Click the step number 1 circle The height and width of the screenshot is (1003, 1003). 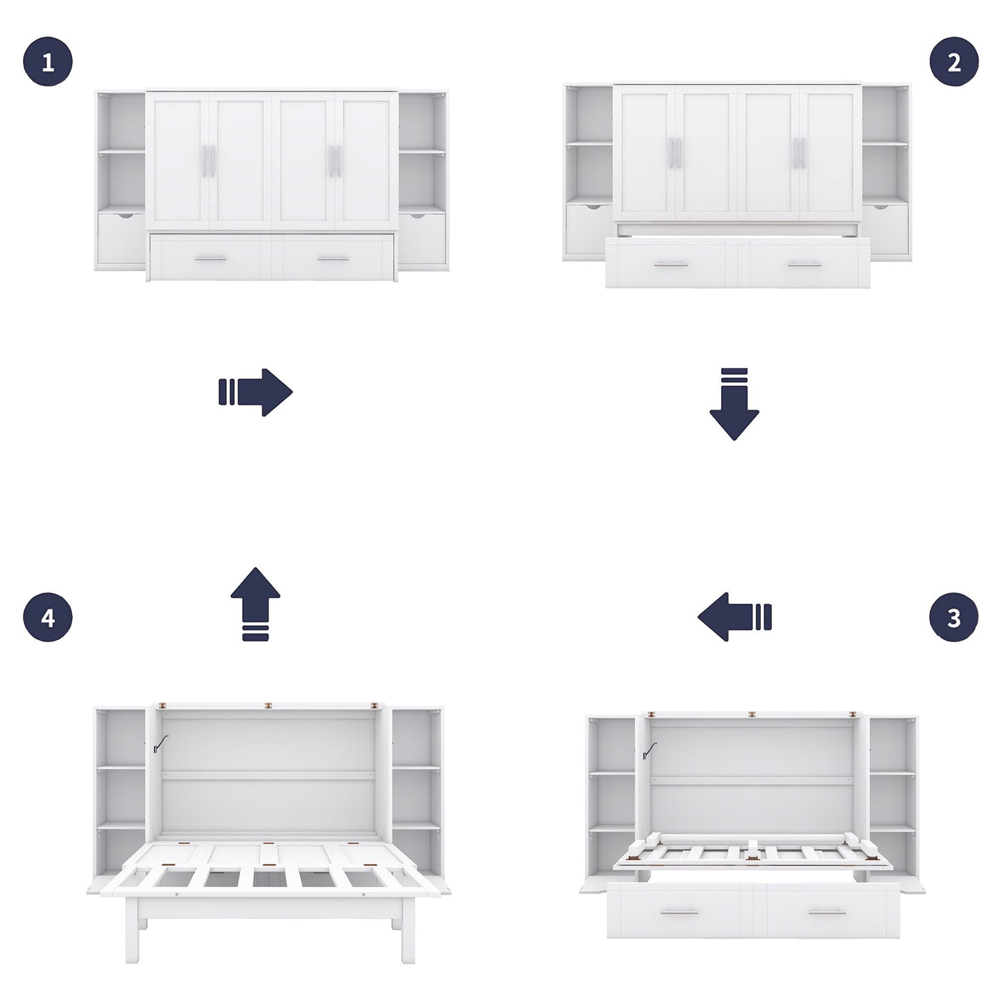coord(48,62)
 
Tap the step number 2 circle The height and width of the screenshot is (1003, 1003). coord(954,62)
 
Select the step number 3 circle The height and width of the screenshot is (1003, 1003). coord(954,617)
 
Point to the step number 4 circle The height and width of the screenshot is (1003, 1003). coord(48,617)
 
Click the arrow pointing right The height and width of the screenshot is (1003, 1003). coord(255,392)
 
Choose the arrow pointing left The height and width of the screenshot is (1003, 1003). coord(734,616)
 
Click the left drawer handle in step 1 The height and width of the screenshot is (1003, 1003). coord(210,258)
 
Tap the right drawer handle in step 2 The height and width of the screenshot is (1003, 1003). coord(805,264)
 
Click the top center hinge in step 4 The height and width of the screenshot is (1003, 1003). coord(268,705)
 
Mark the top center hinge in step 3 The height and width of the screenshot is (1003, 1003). coord(751,714)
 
